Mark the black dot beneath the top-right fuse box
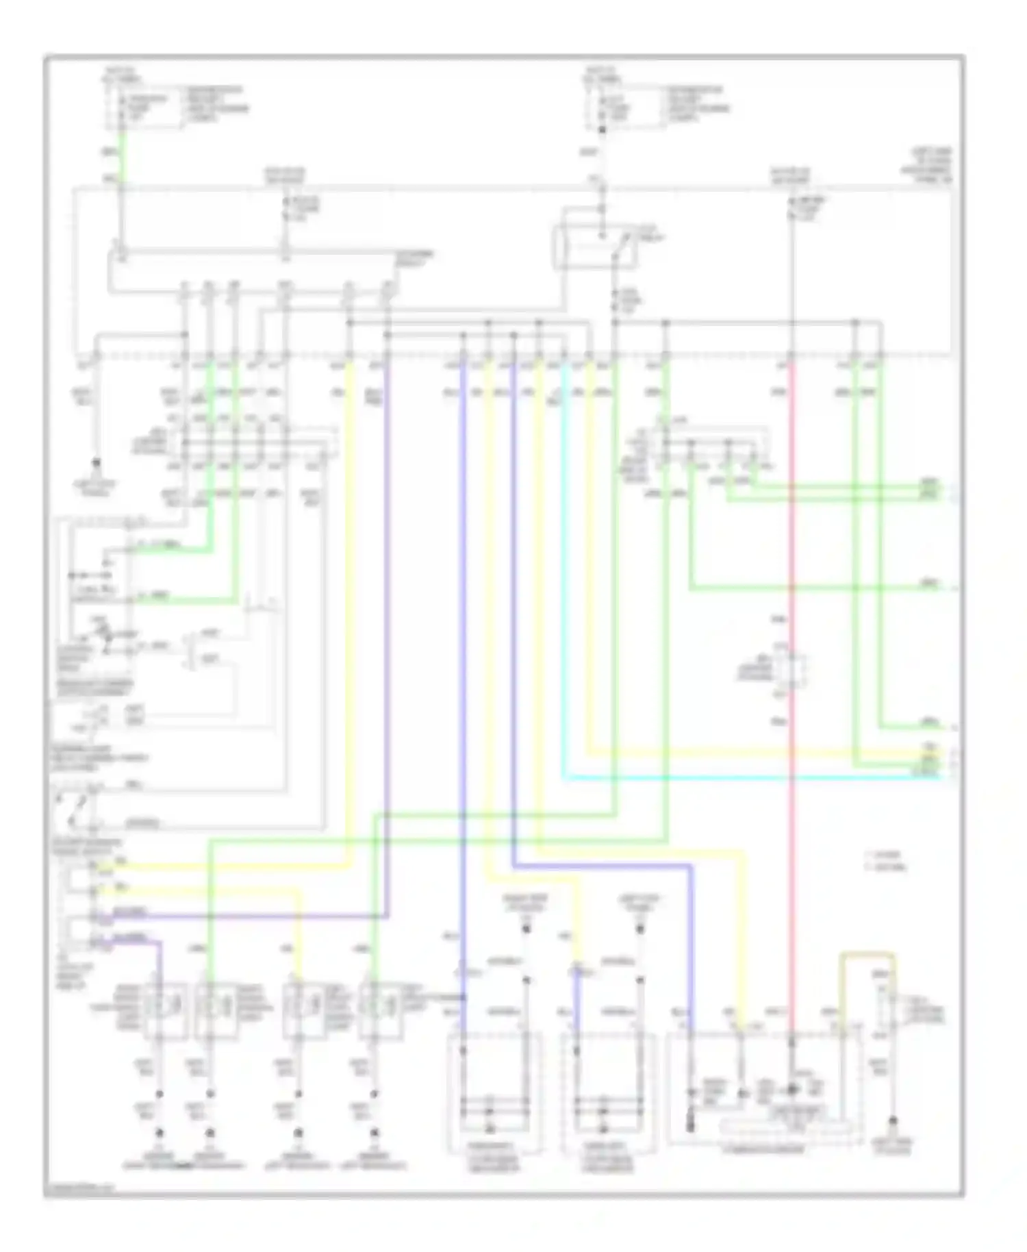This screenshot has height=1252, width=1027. (602, 129)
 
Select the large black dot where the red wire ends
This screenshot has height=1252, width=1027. (792, 1088)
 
